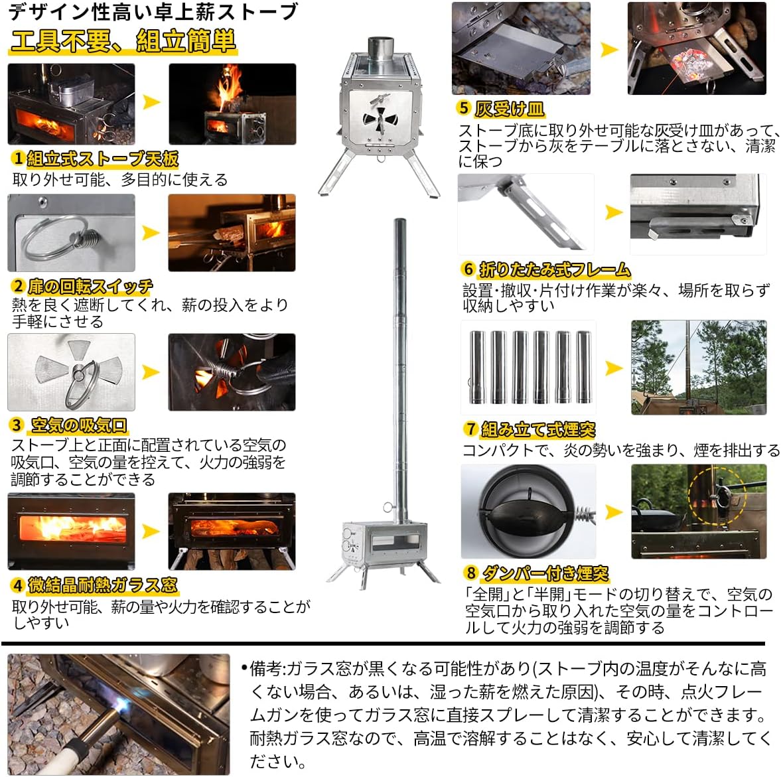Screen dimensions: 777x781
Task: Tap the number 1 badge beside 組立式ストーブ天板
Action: coord(19,159)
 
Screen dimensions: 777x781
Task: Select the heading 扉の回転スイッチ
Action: coord(90,287)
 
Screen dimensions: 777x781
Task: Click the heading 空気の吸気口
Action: coord(79,425)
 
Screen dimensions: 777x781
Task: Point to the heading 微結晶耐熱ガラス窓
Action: coord(102,585)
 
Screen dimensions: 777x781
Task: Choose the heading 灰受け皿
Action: coord(509,108)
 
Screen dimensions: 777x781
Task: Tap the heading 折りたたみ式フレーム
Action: coord(554,269)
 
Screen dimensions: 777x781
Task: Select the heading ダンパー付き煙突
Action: coord(545,573)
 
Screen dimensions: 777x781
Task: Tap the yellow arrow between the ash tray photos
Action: coord(609,50)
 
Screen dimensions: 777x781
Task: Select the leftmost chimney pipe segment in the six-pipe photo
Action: coord(477,367)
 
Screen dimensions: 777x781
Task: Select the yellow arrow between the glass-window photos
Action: coord(151,531)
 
